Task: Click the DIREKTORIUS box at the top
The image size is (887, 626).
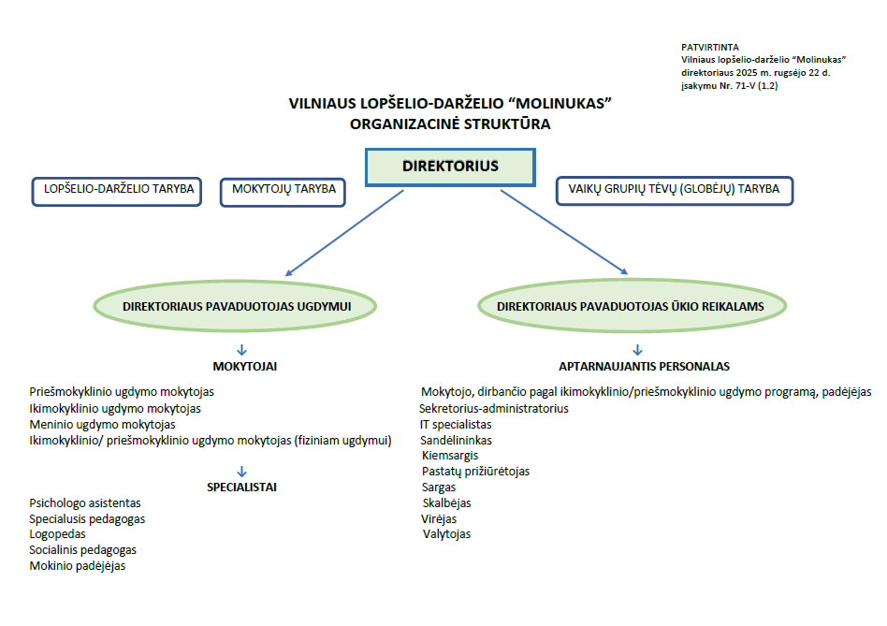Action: [x=450, y=167]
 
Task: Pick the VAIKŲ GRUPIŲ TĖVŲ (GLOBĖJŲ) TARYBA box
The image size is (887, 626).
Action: [x=674, y=191]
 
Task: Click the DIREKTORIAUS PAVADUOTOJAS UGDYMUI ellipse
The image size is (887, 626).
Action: [x=236, y=306]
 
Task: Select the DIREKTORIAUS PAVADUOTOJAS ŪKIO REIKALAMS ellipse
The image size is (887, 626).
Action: [x=631, y=306]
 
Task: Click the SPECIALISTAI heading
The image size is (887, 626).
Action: [x=241, y=487]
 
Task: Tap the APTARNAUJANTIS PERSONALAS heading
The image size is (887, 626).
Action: [x=645, y=367]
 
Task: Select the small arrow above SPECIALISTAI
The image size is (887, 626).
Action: [x=241, y=471]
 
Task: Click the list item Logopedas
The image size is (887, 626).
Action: [x=58, y=534]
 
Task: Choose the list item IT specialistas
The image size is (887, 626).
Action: [x=456, y=425]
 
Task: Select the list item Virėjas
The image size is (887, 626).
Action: [x=439, y=518]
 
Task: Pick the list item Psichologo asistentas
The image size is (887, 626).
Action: [x=85, y=502]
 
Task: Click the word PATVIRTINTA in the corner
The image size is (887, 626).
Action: [x=711, y=47]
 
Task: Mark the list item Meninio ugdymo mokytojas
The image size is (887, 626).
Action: [x=103, y=425]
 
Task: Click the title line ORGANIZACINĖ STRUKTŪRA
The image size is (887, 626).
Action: [x=450, y=123]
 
